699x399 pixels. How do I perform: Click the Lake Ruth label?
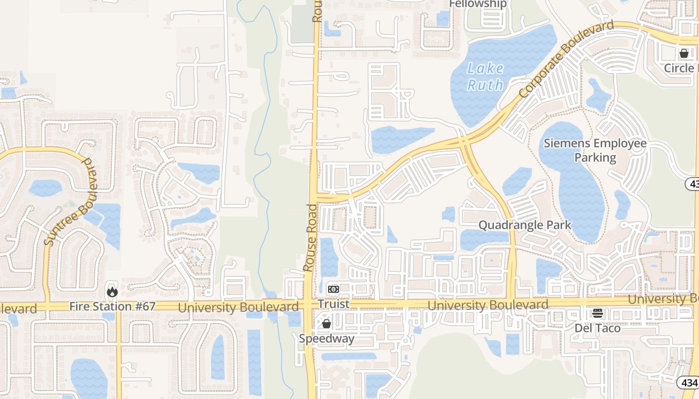(485, 76)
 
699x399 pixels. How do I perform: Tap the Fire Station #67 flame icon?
(112, 291)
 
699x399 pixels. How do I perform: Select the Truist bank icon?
(334, 289)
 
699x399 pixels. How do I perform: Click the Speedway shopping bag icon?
(327, 324)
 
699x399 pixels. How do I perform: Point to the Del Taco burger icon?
(598, 313)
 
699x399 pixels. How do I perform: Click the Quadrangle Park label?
(524, 225)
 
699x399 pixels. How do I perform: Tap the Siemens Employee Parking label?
(595, 151)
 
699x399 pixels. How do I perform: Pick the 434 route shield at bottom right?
(688, 383)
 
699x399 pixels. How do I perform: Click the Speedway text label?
(327, 339)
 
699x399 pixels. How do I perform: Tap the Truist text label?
(334, 304)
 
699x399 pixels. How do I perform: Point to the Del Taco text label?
(598, 328)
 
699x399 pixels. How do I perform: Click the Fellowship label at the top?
(478, 4)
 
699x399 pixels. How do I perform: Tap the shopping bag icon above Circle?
(684, 53)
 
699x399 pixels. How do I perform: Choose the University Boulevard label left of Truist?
(238, 307)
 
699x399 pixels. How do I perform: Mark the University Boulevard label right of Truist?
(488, 305)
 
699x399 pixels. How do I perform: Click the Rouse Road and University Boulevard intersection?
(311, 304)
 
